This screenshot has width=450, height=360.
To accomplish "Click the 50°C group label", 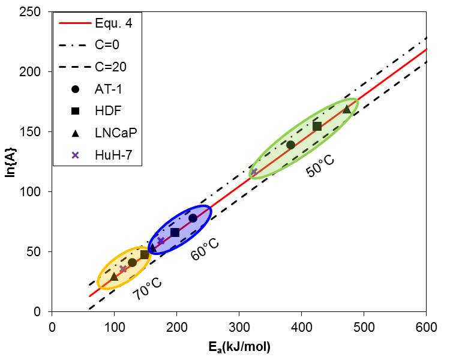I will pyautogui.click(x=320, y=165).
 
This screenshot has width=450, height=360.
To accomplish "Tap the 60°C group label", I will pyautogui.click(x=205, y=249).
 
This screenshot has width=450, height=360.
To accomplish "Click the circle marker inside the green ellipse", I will pyautogui.click(x=290, y=145).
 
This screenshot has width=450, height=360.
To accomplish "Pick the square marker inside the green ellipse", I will pyautogui.click(x=317, y=126).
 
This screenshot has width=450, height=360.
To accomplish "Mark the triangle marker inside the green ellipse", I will pyautogui.click(x=346, y=109).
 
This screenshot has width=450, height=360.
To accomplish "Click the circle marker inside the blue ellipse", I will pyautogui.click(x=193, y=218).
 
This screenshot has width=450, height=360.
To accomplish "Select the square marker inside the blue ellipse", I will pyautogui.click(x=175, y=232).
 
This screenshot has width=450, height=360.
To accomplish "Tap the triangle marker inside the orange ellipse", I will pyautogui.click(x=114, y=277).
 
